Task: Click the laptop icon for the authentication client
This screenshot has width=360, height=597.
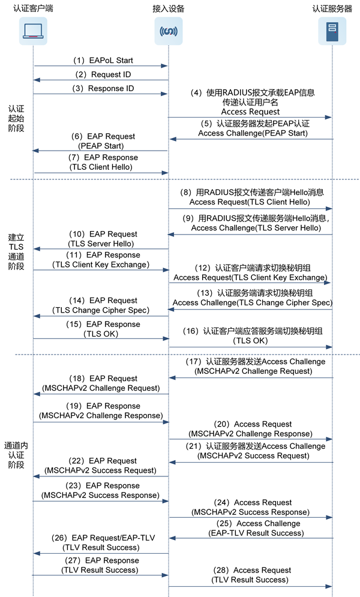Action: (x=34, y=30)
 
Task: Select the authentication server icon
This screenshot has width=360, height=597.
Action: (x=332, y=30)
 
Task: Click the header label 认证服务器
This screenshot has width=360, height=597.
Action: (x=332, y=8)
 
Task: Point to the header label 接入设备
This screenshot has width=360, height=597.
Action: (x=169, y=8)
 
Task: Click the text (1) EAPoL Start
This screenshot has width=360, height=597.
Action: (x=103, y=61)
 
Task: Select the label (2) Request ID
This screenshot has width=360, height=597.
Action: (x=103, y=74)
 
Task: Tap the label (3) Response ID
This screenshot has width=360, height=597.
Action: (x=103, y=88)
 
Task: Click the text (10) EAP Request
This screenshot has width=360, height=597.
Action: (x=105, y=234)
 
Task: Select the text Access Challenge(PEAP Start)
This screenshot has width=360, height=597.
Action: (x=253, y=133)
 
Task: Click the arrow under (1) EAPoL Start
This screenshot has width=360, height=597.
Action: (x=100, y=66)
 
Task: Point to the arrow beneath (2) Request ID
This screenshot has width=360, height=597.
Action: (x=100, y=80)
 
